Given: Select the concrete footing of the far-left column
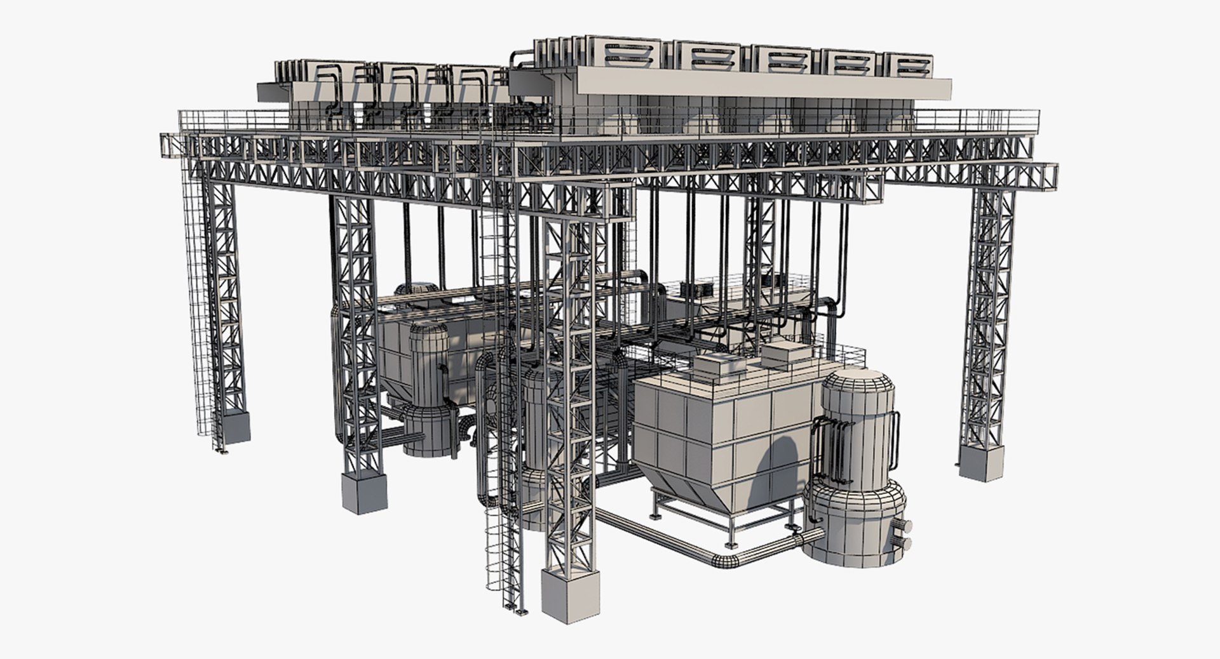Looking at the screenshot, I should coord(231,427).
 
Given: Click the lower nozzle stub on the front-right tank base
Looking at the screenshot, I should coord(904,543).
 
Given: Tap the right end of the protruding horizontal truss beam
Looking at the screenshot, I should coord(1045,176).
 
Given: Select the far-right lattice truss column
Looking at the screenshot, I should coord(986,317).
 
